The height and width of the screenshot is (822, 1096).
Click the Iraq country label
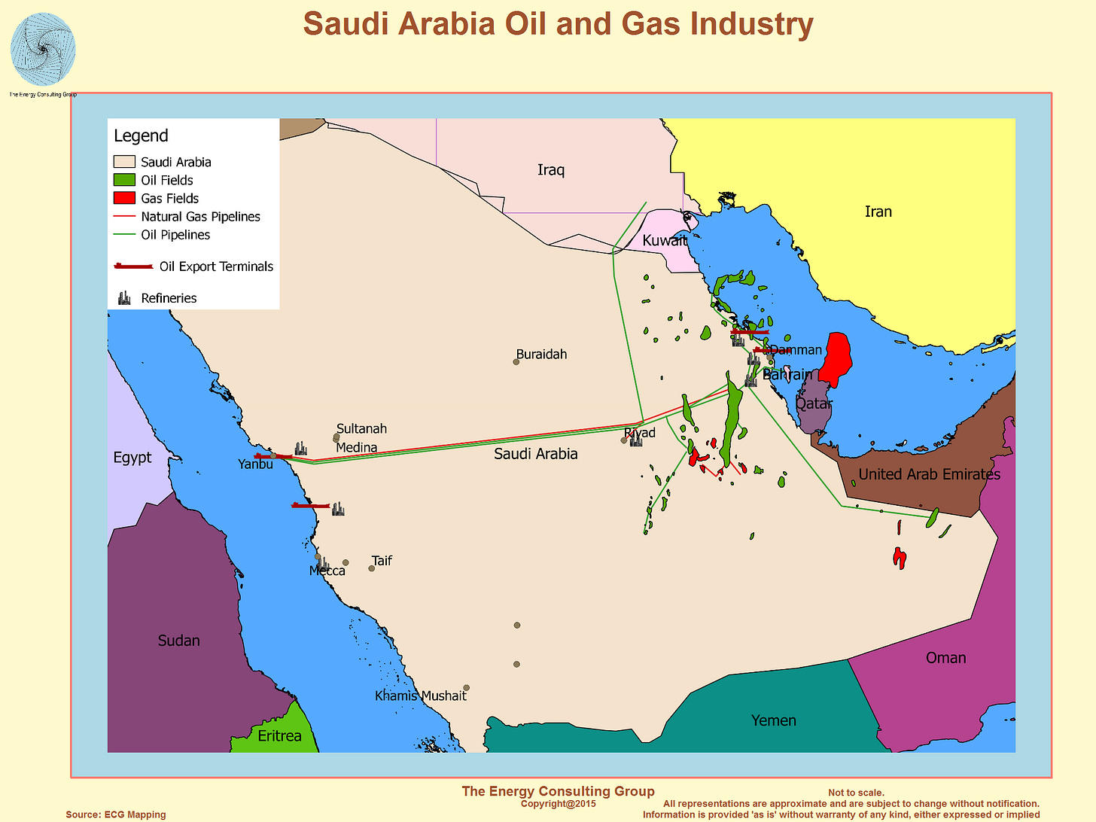tap(550, 170)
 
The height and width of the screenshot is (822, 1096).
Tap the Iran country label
tap(878, 212)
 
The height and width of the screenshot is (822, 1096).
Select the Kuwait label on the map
tap(664, 241)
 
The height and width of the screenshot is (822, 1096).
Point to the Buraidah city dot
tap(516, 362)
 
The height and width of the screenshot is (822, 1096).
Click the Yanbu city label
tap(255, 464)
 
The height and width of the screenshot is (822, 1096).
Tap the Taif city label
tap(382, 561)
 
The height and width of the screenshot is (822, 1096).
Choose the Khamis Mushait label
tap(420, 696)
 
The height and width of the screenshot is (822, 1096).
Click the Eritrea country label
tap(279, 736)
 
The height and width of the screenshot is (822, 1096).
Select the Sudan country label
tap(178, 641)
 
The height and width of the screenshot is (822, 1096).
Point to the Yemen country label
tap(773, 720)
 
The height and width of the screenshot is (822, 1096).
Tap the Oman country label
tap(945, 658)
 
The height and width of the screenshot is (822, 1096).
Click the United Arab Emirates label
tap(930, 474)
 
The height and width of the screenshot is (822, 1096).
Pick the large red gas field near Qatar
tap(836, 358)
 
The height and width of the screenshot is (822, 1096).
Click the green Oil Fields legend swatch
tap(124, 180)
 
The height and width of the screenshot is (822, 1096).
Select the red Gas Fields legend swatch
tap(124, 198)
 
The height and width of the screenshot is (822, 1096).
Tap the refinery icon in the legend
tap(124, 298)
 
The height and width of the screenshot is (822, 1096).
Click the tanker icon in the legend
tap(133, 266)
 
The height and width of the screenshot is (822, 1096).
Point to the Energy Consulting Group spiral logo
tap(43, 50)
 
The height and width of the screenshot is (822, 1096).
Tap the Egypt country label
tap(132, 458)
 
